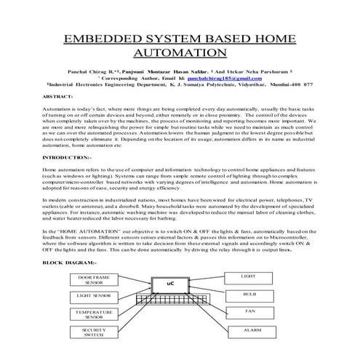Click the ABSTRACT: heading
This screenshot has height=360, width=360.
(59, 95)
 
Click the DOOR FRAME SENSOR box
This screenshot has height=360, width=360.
(94, 280)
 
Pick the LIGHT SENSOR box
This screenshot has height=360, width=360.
(94, 297)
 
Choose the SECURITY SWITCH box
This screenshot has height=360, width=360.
(94, 332)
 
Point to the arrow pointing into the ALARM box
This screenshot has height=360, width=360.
(217, 329)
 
